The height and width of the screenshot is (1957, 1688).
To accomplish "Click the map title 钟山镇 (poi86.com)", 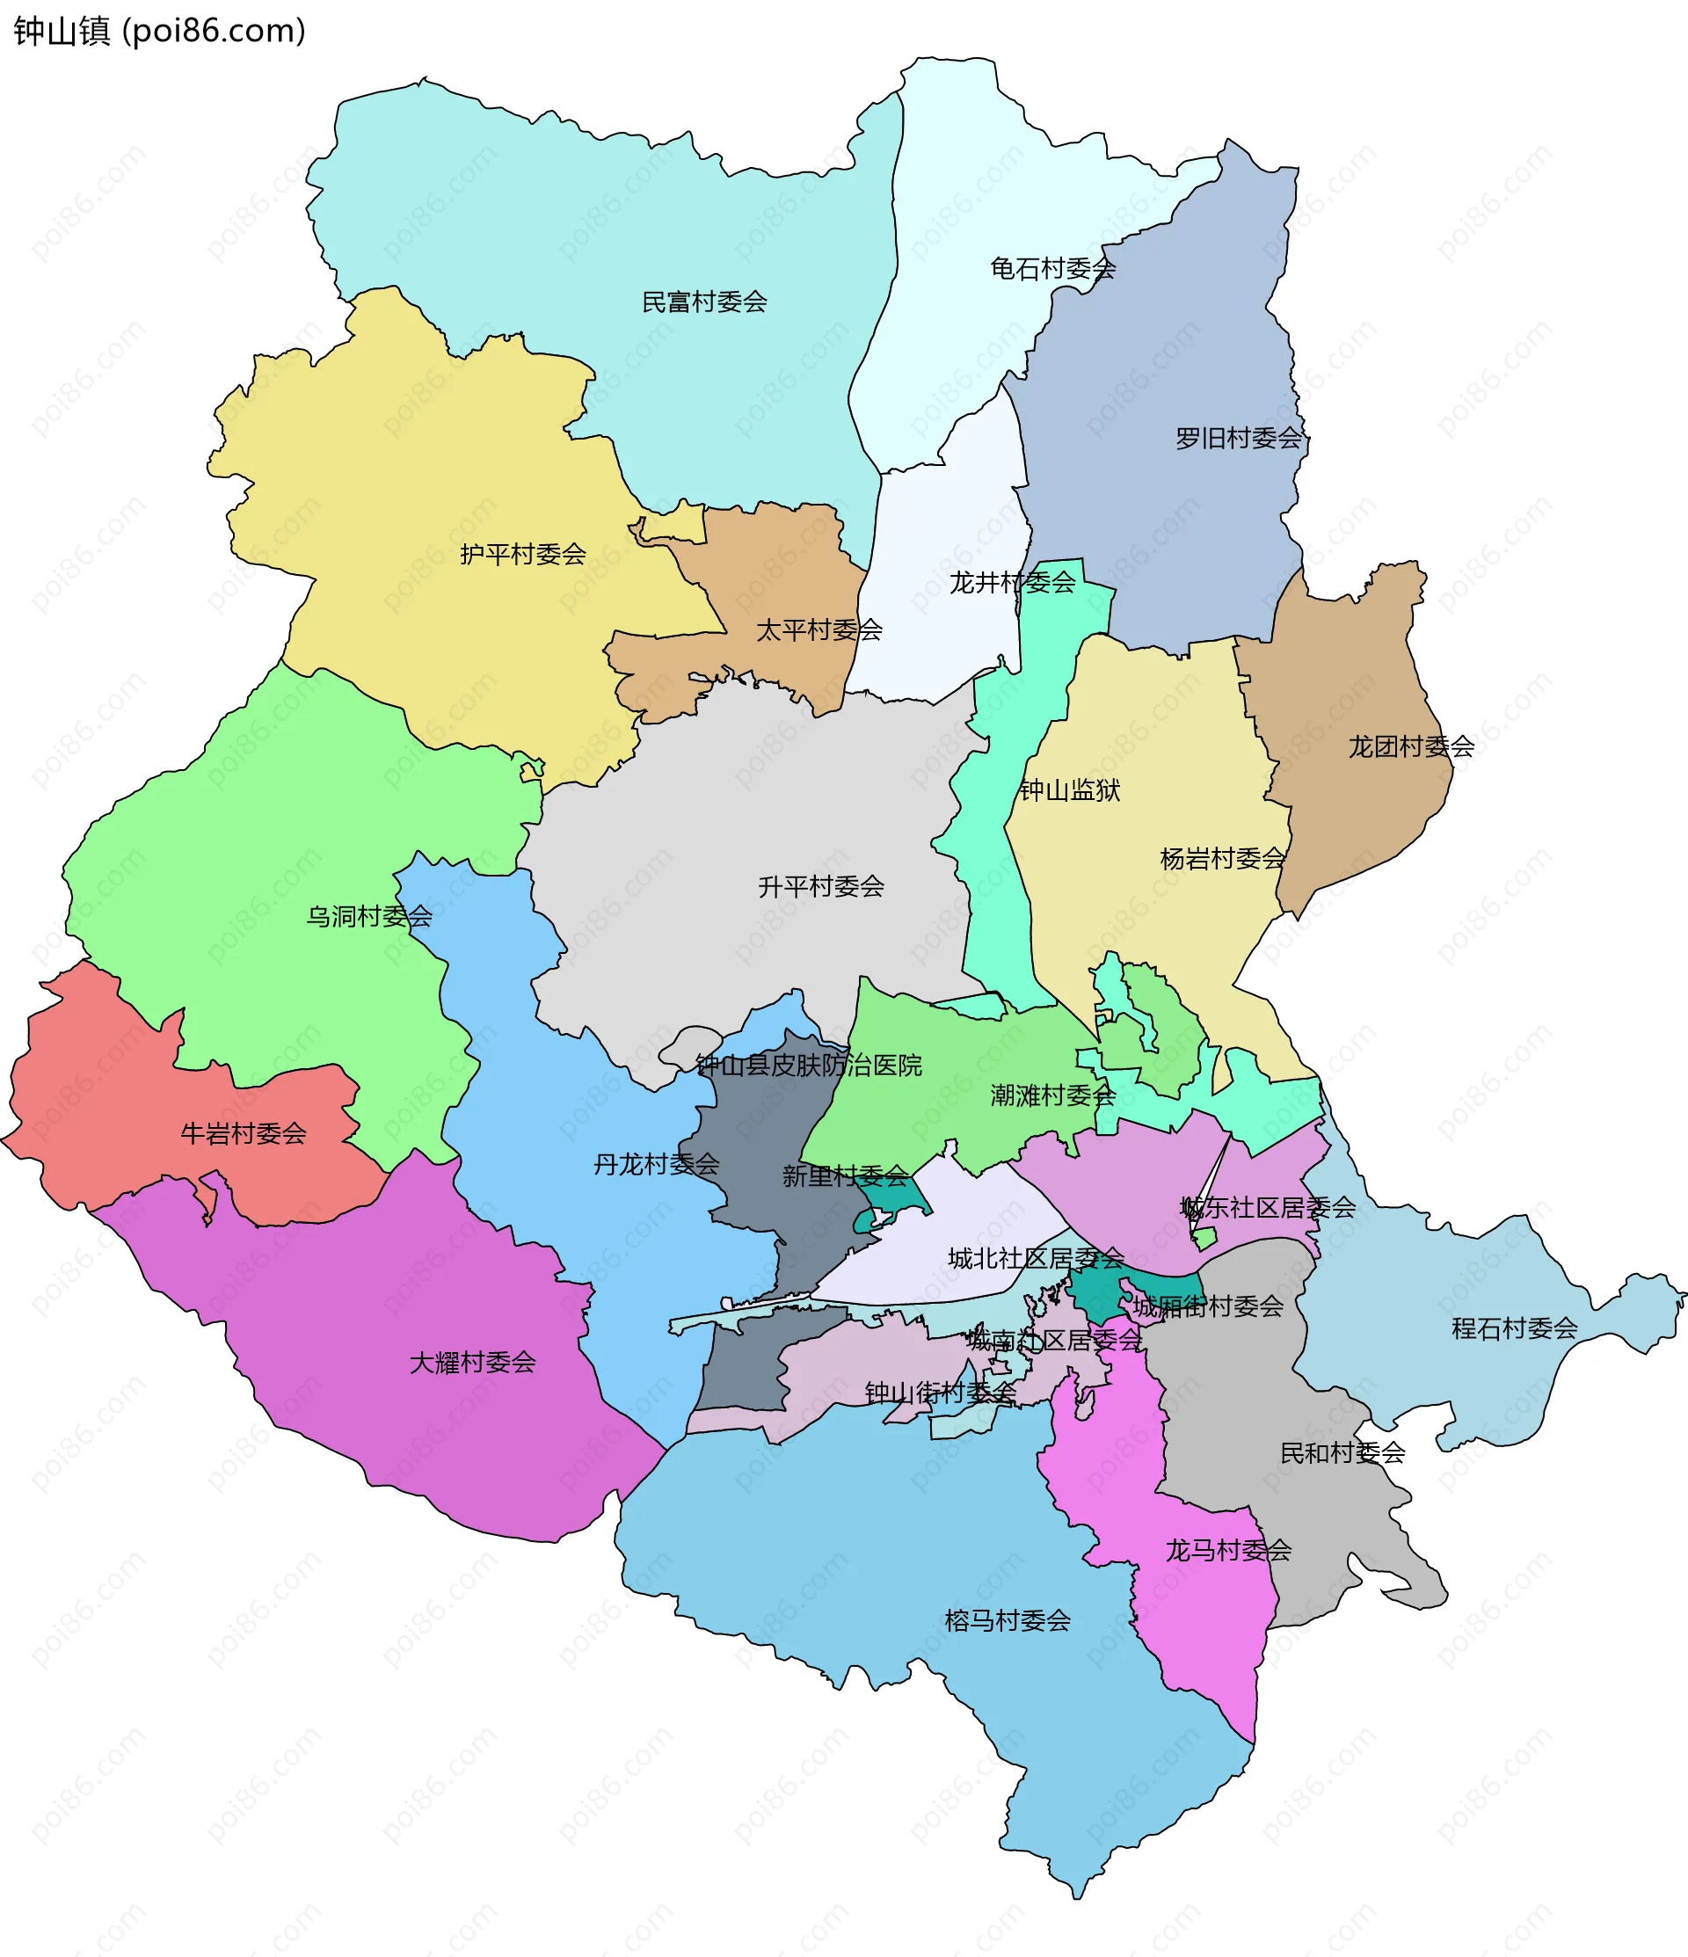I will click(x=159, y=31).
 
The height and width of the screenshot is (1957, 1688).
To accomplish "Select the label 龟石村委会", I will click(x=1052, y=269).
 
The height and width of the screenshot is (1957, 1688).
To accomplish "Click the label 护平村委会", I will click(x=522, y=555).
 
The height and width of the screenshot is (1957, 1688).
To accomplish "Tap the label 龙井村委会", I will click(x=1012, y=583).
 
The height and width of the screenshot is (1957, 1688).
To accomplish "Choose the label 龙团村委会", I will click(x=1410, y=747).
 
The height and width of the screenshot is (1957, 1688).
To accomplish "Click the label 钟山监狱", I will click(x=1068, y=790).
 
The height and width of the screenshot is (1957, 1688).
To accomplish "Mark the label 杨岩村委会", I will click(x=1222, y=859).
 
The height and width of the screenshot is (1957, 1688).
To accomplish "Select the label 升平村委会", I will click(x=821, y=887).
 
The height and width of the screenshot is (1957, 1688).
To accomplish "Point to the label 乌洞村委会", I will click(x=368, y=916).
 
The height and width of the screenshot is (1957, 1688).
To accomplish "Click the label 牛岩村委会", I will click(x=244, y=1133).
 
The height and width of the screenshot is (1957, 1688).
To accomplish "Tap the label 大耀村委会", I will click(x=472, y=1362).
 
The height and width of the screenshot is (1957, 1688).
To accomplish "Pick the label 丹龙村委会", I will click(x=656, y=1165).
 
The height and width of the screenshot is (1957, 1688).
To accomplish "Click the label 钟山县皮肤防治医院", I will click(x=809, y=1066).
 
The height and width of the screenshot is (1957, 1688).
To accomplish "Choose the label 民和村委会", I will click(x=1342, y=1452).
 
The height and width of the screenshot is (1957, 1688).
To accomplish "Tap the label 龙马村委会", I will click(x=1227, y=1550).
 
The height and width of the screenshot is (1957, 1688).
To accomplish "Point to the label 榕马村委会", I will click(x=1007, y=1621).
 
